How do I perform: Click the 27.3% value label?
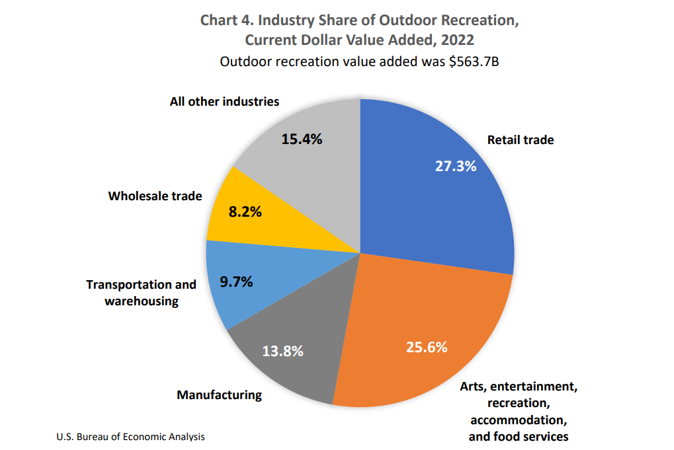[455, 166]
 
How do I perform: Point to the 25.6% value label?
[427, 347]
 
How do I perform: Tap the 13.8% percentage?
[282, 351]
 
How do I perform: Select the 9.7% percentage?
[236, 281]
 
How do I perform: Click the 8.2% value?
[245, 212]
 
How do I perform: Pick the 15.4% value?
[302, 139]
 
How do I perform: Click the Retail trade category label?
[521, 140]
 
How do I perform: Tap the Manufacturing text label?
[219, 395]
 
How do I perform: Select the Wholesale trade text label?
[155, 196]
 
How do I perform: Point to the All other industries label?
[224, 102]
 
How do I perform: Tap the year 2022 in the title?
[455, 40]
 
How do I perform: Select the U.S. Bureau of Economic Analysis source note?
[131, 437]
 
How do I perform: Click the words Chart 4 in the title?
[224, 19]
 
